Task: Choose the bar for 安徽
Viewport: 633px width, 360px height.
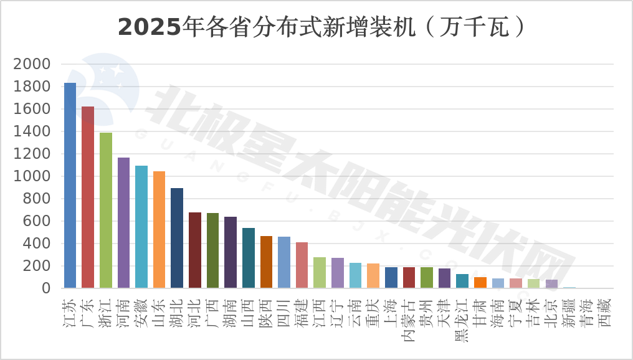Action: pos(141,227)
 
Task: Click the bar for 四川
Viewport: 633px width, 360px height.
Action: pos(284,262)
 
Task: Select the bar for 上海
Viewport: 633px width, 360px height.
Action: pos(391,277)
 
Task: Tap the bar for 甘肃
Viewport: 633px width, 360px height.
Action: pos(480,282)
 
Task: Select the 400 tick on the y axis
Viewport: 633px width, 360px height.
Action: pos(37,244)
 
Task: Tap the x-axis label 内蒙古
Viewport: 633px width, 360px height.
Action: pos(409,318)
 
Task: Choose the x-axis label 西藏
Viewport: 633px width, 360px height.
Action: pos(604,312)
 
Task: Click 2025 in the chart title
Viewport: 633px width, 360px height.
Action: pos(150,27)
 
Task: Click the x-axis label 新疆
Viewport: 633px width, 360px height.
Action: pos(569,312)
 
